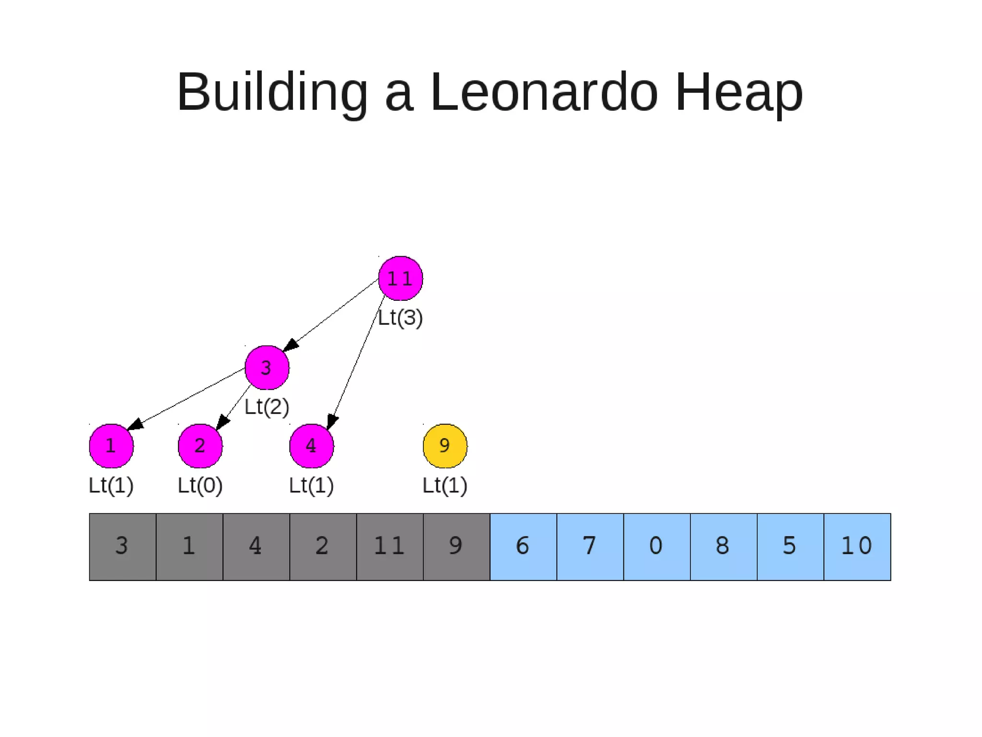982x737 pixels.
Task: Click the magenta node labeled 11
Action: click(400, 278)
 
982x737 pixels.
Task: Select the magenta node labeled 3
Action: click(267, 368)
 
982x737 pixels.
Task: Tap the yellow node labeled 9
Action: click(445, 446)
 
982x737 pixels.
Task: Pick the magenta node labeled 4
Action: click(311, 446)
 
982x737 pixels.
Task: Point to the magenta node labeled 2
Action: click(200, 446)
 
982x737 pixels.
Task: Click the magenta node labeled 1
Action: click(111, 446)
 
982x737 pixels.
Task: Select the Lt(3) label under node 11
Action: click(400, 318)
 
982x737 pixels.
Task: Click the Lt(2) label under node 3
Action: click(267, 407)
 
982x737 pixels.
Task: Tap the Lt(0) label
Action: click(200, 485)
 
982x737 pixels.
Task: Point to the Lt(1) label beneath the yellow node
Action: click(445, 485)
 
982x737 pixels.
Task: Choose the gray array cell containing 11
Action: click(390, 547)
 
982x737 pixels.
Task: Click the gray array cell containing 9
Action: click(456, 547)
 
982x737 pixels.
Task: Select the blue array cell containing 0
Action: click(657, 547)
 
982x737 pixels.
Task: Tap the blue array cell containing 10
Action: click(857, 547)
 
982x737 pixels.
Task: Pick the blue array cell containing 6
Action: click(523, 547)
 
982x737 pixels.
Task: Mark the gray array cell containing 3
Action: click(122, 547)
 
